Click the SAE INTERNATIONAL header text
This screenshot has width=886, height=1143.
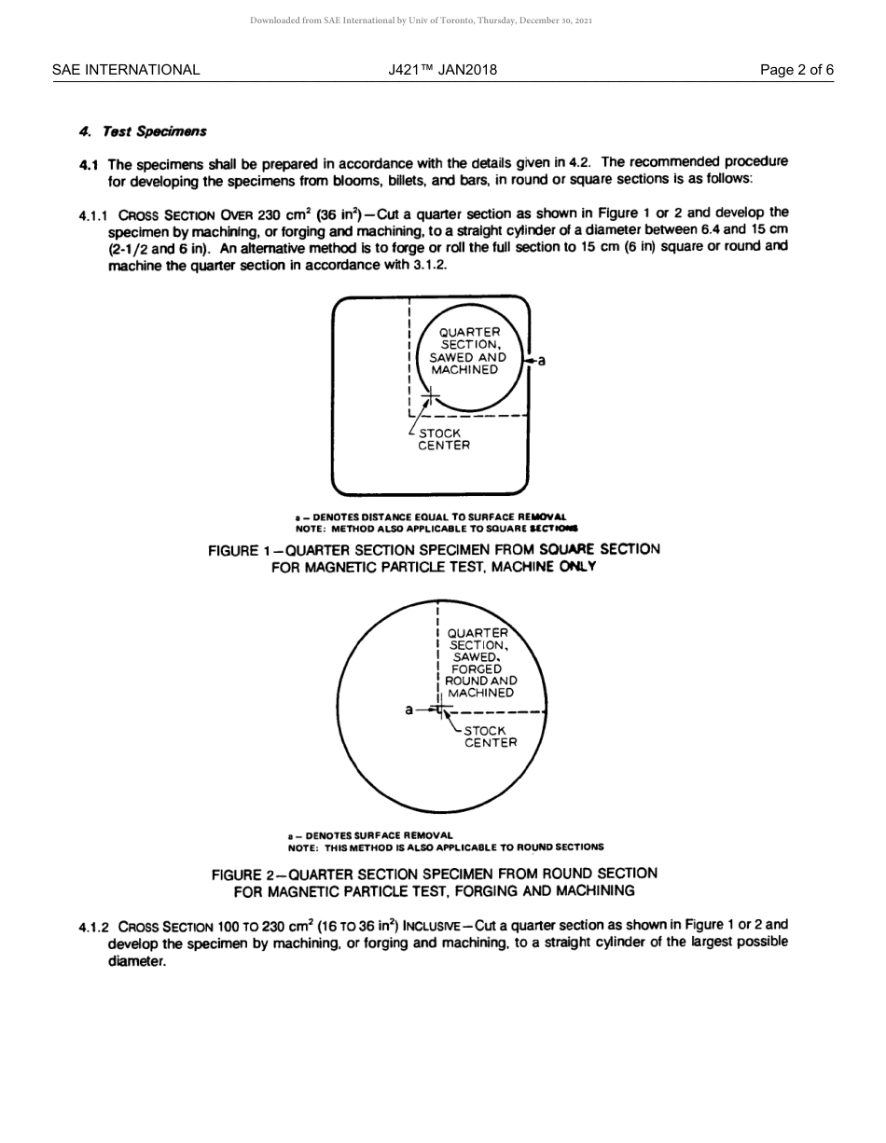click(126, 70)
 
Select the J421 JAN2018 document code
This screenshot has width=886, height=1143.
click(443, 70)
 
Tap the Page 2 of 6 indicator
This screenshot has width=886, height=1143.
click(796, 70)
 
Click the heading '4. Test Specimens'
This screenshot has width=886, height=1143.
click(143, 131)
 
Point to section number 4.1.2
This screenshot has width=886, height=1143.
click(94, 927)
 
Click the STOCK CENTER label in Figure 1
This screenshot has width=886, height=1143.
click(443, 439)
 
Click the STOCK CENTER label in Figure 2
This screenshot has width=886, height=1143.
click(490, 737)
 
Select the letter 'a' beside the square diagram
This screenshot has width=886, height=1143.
click(542, 361)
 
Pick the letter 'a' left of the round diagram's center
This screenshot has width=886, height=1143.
click(408, 709)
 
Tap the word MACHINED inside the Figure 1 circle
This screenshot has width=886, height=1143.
click(464, 370)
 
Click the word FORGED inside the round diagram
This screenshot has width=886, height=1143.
click(477, 668)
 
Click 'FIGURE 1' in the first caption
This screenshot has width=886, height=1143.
click(240, 550)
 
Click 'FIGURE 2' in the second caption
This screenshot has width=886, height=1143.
click(243, 874)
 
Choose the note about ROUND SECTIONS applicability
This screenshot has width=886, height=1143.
click(445, 847)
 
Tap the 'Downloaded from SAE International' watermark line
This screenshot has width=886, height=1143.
click(421, 21)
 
